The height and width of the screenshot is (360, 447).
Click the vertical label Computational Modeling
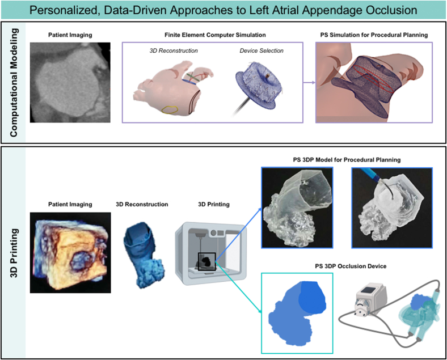point(14,82)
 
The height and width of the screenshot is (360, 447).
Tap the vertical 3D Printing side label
point(14,253)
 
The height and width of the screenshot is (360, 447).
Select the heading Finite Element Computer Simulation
point(215,35)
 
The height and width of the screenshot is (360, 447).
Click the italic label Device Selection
point(262,50)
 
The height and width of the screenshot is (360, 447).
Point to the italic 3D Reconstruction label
point(174,50)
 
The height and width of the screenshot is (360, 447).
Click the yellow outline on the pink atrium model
point(170,110)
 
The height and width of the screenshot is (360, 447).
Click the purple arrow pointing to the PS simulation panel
point(309,83)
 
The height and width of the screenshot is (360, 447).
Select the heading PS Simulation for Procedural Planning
point(374,35)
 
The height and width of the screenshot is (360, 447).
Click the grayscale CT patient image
point(70,83)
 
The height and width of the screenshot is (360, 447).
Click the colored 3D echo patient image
point(70,253)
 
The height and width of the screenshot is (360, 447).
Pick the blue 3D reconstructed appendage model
point(144,255)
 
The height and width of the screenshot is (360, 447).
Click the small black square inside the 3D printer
point(206,261)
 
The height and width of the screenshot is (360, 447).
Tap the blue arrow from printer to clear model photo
point(238,235)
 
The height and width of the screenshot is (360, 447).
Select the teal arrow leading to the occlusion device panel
point(238,287)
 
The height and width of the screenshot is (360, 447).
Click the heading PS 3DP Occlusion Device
point(351,266)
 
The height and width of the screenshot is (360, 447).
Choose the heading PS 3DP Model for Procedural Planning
point(347,160)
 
